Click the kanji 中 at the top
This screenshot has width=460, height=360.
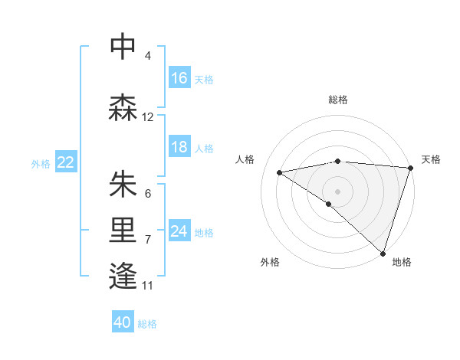(123, 47)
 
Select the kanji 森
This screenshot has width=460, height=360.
(123, 108)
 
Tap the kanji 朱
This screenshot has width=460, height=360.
(123, 185)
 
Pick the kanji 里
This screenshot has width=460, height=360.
(123, 232)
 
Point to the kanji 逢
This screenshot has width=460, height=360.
(123, 276)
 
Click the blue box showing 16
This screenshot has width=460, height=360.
(179, 78)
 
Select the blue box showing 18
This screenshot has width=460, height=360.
(179, 147)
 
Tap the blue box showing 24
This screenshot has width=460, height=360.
(179, 231)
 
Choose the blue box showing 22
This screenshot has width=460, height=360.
(66, 162)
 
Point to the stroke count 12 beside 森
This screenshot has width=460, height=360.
(148, 117)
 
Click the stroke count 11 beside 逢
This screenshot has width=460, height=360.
(148, 286)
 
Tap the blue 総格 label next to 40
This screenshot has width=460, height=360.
(147, 324)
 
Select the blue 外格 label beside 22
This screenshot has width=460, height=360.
(41, 163)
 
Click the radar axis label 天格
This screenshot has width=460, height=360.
(431, 159)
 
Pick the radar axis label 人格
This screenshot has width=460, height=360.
(245, 159)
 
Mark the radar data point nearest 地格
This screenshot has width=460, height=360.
(383, 253)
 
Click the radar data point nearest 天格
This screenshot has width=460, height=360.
(410, 168)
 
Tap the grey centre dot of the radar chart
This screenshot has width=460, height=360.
(337, 191)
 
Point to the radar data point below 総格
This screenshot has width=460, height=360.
(337, 161)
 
